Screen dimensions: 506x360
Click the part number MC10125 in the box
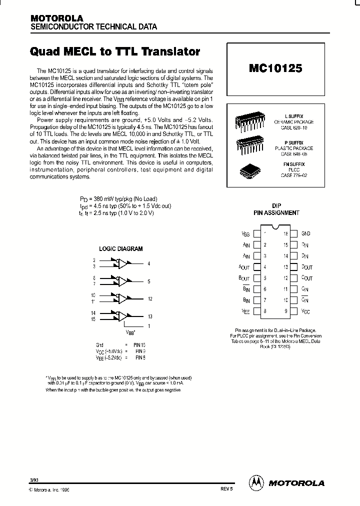(275, 68)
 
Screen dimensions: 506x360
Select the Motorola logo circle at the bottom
(255, 482)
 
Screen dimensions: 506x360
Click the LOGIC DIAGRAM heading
(120, 248)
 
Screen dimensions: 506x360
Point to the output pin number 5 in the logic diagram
(149, 281)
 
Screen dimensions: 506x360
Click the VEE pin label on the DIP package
(245, 311)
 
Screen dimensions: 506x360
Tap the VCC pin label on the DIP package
(306, 311)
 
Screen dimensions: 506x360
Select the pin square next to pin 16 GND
(294, 233)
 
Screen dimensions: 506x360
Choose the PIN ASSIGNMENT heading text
(276, 212)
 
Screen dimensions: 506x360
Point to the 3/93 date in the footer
(33, 479)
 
